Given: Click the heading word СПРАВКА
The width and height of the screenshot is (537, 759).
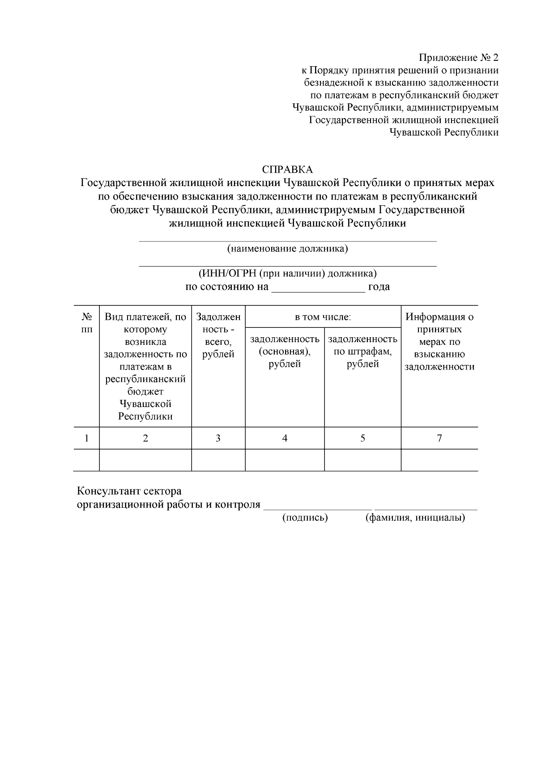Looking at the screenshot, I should click(287, 170).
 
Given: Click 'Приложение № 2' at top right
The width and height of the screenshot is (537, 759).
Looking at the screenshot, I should click(458, 58).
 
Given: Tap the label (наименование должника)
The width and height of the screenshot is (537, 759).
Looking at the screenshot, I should click(287, 249).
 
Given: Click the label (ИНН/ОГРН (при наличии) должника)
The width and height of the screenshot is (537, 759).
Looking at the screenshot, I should click(287, 273).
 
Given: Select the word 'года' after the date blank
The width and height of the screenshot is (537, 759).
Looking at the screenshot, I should click(379, 287).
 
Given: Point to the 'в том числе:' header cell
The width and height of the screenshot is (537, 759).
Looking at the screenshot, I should click(323, 317).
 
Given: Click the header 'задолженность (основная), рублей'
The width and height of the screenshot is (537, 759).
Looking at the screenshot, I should click(285, 351).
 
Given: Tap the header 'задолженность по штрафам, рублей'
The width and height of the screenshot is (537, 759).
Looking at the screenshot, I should click(362, 351).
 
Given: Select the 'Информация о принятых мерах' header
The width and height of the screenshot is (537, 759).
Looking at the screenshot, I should click(439, 342).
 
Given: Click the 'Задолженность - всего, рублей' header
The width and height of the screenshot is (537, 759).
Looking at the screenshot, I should click(218, 335).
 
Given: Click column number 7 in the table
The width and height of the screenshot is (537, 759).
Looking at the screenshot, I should click(439, 438).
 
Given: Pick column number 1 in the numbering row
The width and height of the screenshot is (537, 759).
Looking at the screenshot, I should click(86, 438).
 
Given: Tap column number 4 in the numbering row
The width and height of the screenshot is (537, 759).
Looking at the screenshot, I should click(285, 438).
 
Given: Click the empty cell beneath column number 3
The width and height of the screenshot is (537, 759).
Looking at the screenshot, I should click(218, 460).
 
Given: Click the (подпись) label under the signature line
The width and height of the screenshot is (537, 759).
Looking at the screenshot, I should click(305, 518).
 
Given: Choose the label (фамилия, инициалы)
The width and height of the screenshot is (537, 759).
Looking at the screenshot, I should click(415, 518).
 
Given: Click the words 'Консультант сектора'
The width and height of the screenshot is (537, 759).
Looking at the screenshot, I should click(129, 491).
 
